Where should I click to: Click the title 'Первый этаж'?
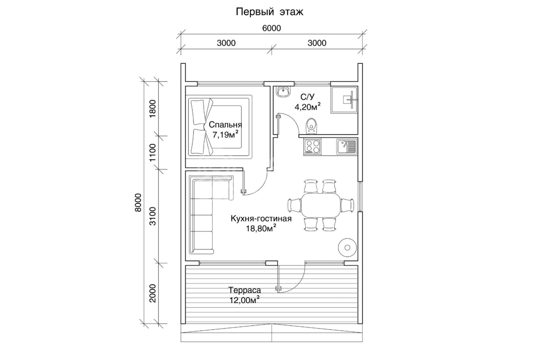[x=270, y=12]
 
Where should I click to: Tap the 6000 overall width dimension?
[x=272, y=28]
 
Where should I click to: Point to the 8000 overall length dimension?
[x=138, y=202]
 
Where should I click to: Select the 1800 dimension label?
[x=152, y=109]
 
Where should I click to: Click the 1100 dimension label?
[x=152, y=153]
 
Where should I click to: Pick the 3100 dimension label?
[x=152, y=216]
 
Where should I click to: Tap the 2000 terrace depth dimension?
[x=152, y=294]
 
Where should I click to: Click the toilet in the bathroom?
[x=312, y=126]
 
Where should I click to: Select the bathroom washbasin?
[x=283, y=92]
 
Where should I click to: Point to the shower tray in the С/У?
[x=344, y=99]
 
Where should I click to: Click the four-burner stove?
[x=312, y=147]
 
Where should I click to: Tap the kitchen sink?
[x=346, y=147]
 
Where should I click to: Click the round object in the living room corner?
[x=347, y=248]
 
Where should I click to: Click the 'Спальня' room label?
[x=225, y=125]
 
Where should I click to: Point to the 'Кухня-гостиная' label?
[x=261, y=218]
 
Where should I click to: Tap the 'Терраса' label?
[x=244, y=290]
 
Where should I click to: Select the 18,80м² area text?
[x=261, y=228]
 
